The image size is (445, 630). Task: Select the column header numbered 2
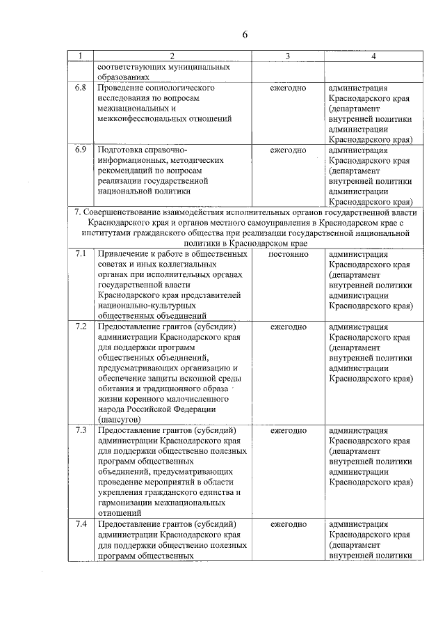click(x=172, y=56)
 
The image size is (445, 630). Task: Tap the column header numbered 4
click(x=373, y=56)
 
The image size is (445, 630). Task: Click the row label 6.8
click(x=81, y=88)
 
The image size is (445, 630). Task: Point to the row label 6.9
click(x=81, y=150)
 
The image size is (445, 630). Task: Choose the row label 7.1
click(x=81, y=254)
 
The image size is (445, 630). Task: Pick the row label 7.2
click(x=81, y=326)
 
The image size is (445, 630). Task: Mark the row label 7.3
click(x=81, y=430)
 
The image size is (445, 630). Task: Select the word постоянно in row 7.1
click(x=288, y=254)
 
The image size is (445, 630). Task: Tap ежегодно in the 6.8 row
click(x=288, y=88)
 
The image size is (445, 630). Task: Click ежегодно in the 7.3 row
click(x=288, y=430)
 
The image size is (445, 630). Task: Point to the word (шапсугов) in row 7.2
click(x=120, y=420)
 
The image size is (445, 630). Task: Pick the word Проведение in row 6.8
click(x=122, y=88)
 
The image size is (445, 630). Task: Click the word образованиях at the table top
click(x=123, y=78)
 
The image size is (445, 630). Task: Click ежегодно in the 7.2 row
click(x=288, y=326)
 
